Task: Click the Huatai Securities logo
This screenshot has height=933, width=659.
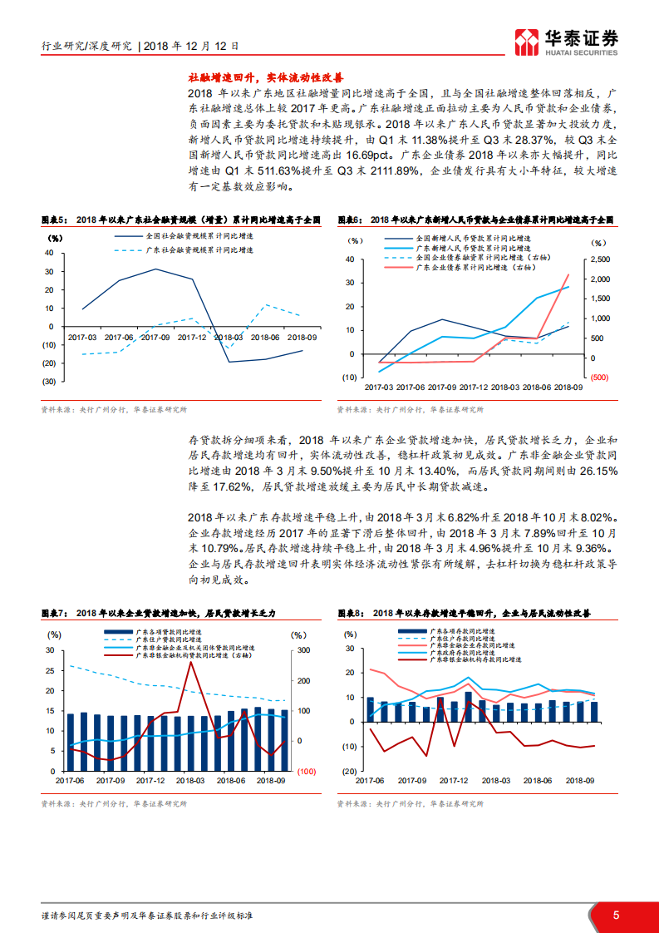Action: point(566,39)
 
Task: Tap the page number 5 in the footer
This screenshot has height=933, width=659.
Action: point(616,915)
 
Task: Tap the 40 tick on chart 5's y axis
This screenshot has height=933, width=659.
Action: point(50,253)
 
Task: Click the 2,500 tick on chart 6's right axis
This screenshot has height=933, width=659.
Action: point(601,259)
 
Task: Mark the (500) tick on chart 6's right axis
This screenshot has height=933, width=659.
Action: point(600,378)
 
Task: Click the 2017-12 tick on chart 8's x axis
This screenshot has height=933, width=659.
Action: point(454,781)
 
